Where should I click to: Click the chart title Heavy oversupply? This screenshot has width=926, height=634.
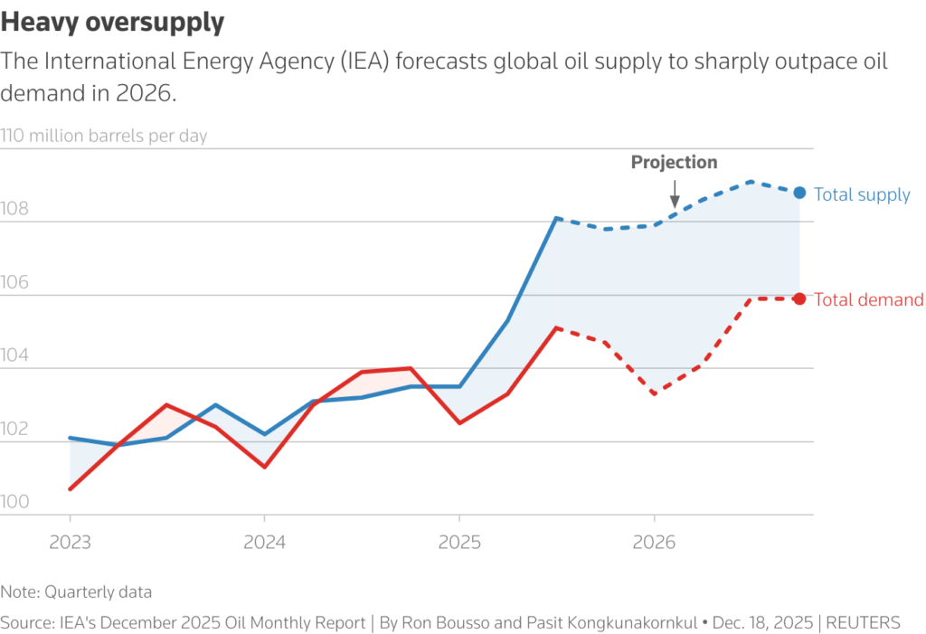112,23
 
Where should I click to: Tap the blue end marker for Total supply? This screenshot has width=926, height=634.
799,193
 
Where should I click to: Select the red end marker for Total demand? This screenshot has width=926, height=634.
799,299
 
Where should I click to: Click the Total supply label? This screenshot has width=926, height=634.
862,194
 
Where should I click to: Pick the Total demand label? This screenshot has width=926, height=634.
869,300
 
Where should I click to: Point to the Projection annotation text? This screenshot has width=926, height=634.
674,163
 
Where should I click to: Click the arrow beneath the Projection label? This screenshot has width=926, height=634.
674,193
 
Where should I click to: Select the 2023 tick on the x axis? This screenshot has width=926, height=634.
70,543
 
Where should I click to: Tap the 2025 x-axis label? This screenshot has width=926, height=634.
459,543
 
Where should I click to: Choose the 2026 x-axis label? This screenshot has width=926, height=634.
654,543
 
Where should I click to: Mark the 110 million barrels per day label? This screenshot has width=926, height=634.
104,137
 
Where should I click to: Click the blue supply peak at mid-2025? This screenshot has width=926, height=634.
557,218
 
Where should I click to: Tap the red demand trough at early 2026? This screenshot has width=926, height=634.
654,393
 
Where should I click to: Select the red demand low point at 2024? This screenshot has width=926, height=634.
264,467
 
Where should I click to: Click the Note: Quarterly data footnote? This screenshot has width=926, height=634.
76,592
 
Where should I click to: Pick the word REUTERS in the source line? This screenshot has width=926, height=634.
864,622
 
